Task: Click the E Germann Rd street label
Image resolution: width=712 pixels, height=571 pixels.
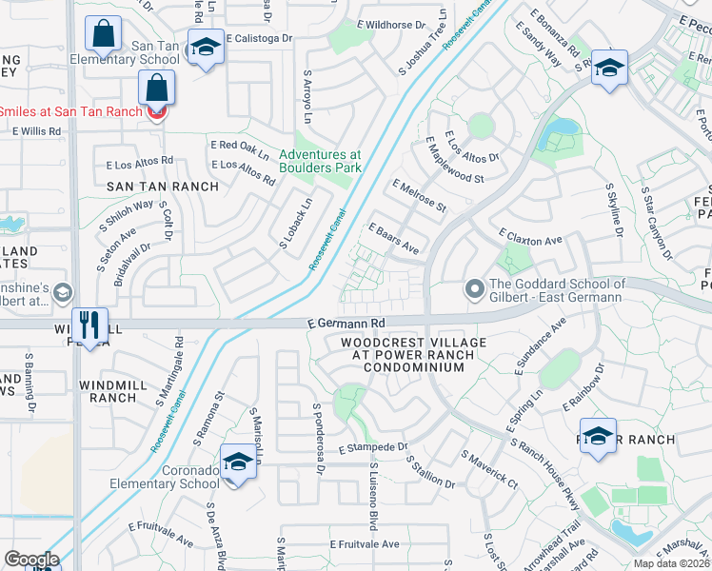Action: (346, 323)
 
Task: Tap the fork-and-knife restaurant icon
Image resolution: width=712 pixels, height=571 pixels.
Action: (89, 325)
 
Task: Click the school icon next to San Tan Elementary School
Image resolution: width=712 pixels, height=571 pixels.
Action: (205, 48)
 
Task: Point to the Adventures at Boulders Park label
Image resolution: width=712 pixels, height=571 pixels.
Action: (321, 161)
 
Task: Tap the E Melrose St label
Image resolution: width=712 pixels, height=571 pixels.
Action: (419, 195)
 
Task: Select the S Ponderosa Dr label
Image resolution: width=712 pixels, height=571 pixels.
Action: (318, 439)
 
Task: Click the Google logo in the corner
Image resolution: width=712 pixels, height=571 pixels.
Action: (31, 560)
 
